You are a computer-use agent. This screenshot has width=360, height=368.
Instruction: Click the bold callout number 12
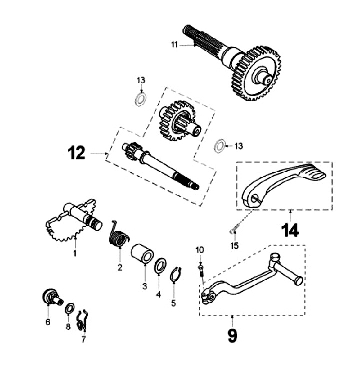pyautogui.click(x=77, y=154)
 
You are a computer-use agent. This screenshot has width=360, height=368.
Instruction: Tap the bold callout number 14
pyautogui.click(x=290, y=230)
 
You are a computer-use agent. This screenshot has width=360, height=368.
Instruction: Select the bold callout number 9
pyautogui.click(x=232, y=335)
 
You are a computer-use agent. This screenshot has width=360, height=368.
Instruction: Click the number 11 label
pyautogui.click(x=174, y=44)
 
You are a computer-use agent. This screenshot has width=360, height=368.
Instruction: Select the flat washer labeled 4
pyautogui.click(x=160, y=266)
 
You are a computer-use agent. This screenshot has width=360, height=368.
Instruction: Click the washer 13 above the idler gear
pyautogui.click(x=140, y=98)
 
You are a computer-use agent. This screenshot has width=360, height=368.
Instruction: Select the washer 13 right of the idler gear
pyautogui.click(x=218, y=147)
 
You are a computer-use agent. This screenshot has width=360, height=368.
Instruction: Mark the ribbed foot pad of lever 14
pyautogui.click(x=315, y=172)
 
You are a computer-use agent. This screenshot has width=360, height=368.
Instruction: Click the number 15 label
pyautogui.click(x=234, y=246)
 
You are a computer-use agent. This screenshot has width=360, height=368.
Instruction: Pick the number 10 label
pyautogui.click(x=200, y=250)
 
